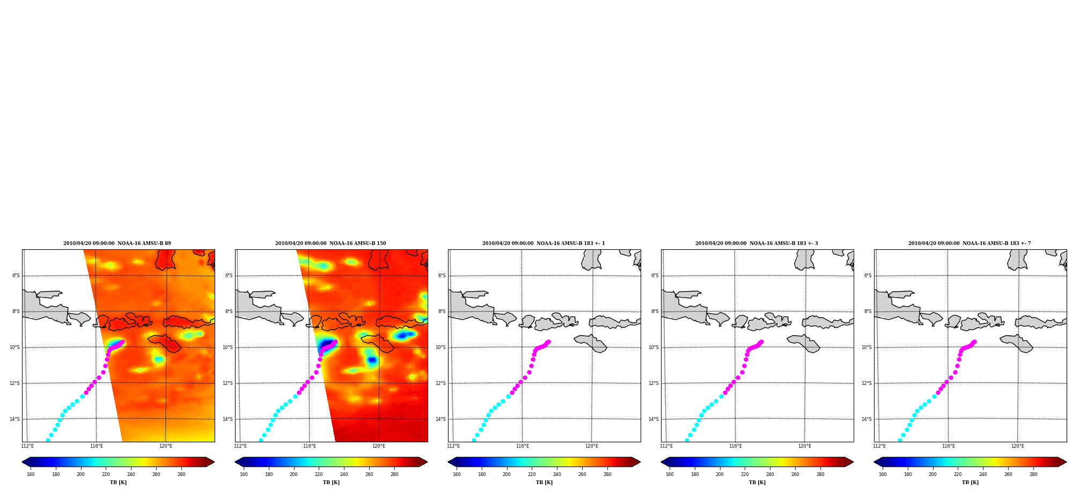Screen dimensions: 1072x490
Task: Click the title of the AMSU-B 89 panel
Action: click(117, 243)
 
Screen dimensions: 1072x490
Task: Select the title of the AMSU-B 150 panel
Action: click(331, 243)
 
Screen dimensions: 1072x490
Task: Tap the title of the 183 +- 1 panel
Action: click(544, 243)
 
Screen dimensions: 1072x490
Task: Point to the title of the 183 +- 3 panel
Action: click(757, 243)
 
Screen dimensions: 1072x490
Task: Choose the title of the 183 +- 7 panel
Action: click(970, 243)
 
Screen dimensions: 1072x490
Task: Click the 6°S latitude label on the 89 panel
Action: click(16, 276)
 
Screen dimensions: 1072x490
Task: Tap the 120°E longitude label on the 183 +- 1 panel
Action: click(592, 446)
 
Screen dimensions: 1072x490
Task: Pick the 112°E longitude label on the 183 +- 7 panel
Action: click(879, 446)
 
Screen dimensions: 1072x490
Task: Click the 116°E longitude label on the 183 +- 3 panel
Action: click(735, 446)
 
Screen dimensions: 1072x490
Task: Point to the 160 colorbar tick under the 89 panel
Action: click(31, 474)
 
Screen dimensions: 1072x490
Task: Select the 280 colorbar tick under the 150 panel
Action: click(394, 474)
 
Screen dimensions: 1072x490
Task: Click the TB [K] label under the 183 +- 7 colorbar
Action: click(970, 482)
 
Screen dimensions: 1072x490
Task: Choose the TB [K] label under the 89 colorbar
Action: click(118, 482)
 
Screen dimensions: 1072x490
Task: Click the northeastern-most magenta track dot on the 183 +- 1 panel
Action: click(548, 341)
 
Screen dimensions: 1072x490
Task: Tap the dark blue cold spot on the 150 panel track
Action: click(326, 343)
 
